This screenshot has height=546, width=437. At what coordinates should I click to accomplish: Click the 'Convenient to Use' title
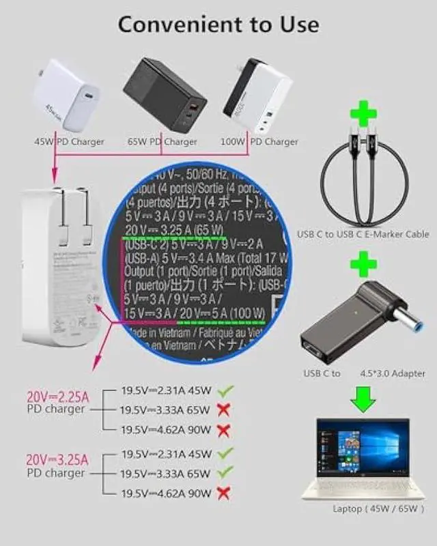coord(218,24)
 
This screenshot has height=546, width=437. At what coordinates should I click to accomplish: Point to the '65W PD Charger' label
coord(162,142)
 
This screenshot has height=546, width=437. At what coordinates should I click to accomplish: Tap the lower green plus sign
coord(363,263)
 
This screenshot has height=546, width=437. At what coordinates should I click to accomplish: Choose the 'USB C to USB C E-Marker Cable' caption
coord(363,234)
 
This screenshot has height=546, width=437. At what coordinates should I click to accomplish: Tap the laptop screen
coord(363,448)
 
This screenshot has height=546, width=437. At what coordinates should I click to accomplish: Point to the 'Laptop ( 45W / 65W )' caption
coord(379,508)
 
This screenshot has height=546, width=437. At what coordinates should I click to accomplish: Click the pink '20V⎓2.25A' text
coord(57,397)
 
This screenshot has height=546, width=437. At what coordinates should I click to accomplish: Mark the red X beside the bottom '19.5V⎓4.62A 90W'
coord(223,491)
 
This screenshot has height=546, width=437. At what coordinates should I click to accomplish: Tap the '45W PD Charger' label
coord(69,142)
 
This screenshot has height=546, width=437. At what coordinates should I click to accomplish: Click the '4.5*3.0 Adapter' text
coord(393,373)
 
